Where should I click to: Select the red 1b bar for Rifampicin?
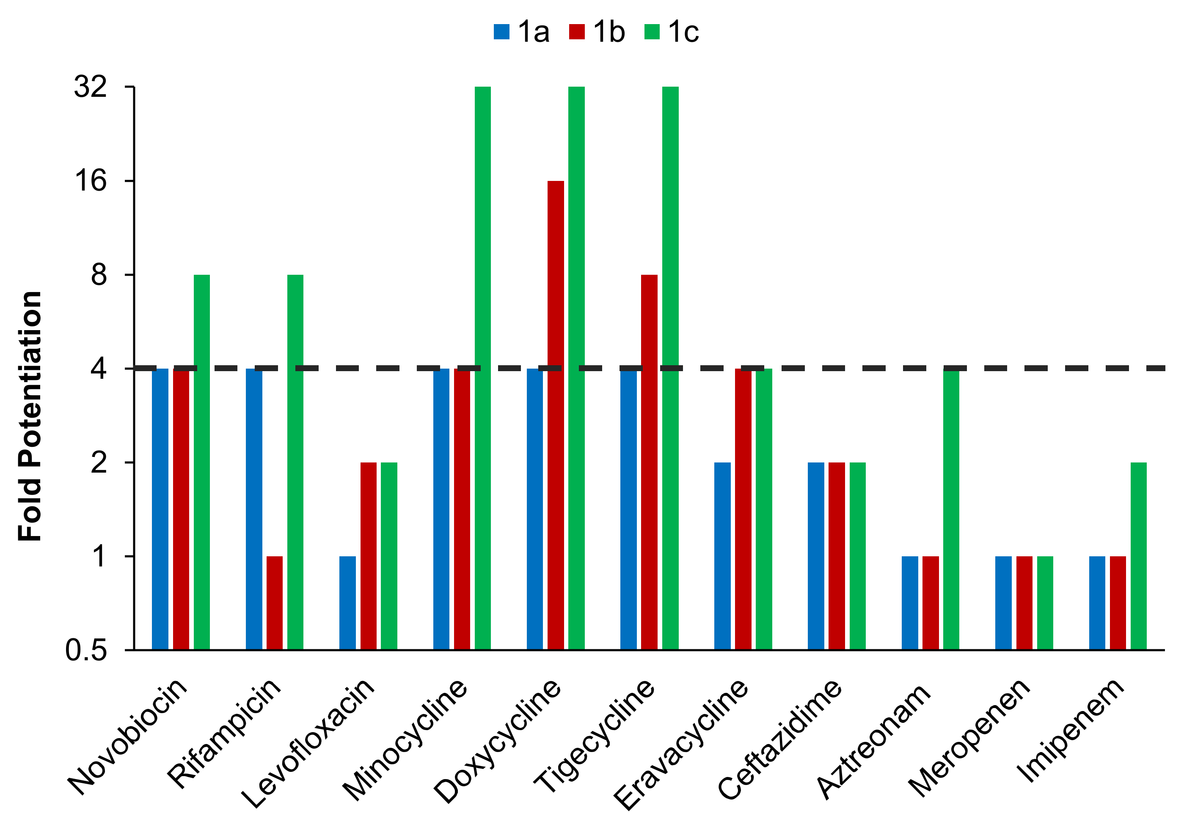point(274,602)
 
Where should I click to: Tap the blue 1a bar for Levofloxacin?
point(347,602)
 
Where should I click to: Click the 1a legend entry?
point(521,32)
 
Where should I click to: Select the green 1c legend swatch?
point(652,32)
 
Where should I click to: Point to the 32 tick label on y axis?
point(90,87)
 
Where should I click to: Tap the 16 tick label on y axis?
point(90,181)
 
